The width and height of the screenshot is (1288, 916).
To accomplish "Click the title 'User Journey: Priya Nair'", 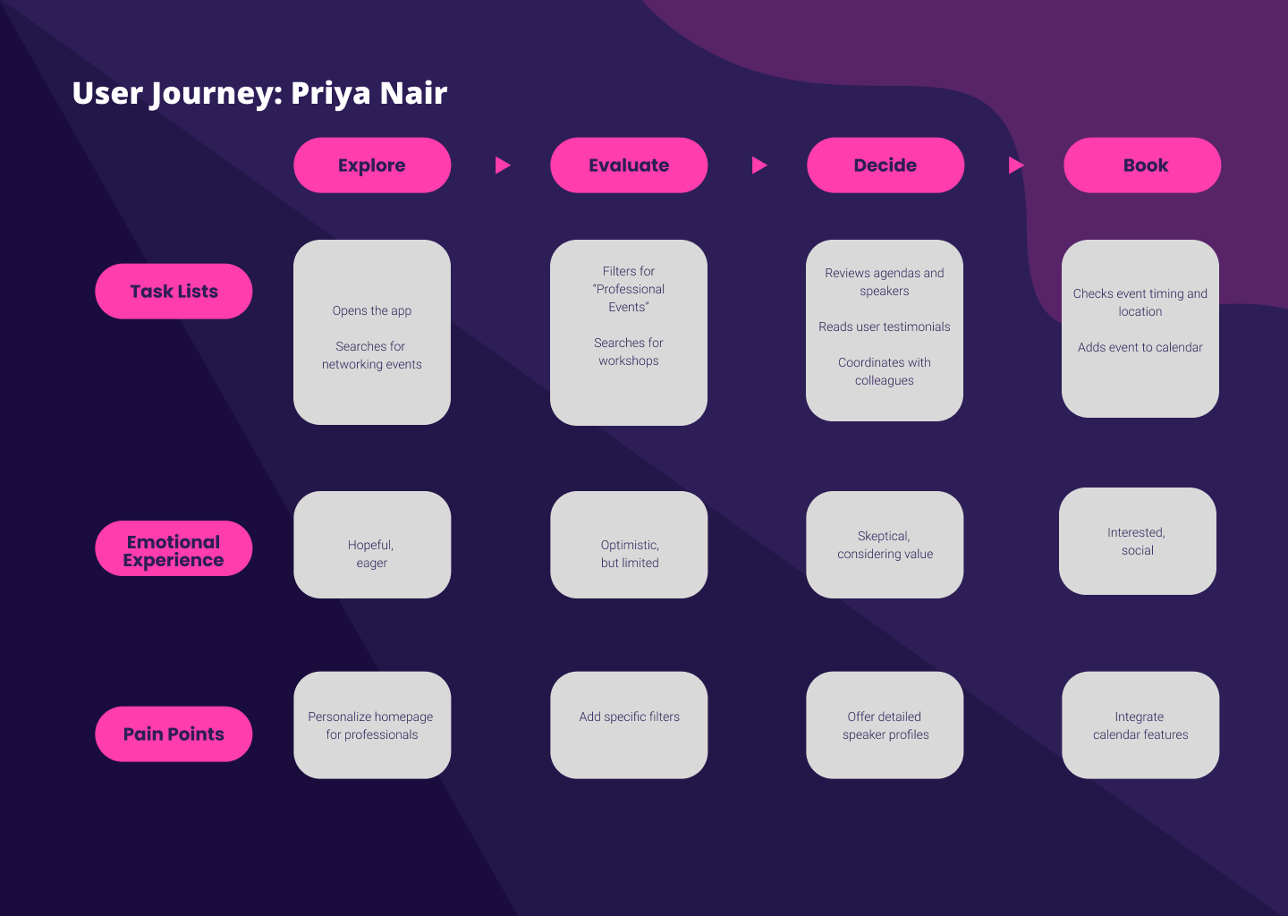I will (259, 93).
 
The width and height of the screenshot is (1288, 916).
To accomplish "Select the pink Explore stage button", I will (372, 165).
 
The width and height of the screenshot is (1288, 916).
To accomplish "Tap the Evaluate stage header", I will (629, 165).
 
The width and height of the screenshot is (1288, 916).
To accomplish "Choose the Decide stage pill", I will (885, 165).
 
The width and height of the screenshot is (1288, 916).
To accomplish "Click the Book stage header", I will (1142, 165).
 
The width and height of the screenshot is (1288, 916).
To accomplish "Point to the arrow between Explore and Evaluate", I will (503, 165).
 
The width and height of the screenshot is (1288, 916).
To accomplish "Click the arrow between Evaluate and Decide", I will (759, 165).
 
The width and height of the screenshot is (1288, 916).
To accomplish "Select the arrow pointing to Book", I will (1016, 165).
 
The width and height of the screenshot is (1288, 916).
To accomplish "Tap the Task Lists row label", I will (174, 292).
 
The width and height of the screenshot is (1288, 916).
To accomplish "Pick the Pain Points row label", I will (174, 734).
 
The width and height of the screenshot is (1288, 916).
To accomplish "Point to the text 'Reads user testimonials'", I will (885, 327).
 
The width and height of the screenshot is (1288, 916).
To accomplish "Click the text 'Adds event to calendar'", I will (1140, 347).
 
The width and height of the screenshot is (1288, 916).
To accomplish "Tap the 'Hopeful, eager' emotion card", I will (372, 545).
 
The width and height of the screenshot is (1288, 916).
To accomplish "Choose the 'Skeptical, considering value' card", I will (885, 545).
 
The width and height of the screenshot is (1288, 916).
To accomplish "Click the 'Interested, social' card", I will (1138, 541).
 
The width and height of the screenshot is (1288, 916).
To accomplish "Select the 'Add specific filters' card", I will (629, 725).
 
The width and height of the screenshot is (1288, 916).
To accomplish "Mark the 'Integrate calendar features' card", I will (1140, 725).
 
